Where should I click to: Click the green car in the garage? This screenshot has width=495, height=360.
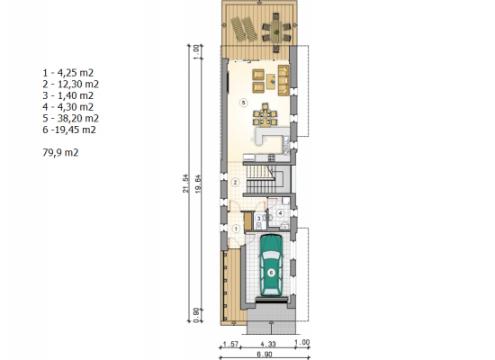[271, 265]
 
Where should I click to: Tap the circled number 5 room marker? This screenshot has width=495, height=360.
[243, 103]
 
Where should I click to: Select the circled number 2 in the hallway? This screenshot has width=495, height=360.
[235, 182]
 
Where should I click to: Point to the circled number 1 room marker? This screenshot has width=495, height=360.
[236, 229]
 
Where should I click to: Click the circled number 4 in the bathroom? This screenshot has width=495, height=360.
[280, 213]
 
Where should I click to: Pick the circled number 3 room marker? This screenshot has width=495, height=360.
[259, 218]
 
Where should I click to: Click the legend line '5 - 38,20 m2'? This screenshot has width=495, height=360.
[71, 118]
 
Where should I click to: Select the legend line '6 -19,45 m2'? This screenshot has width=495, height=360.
[69, 130]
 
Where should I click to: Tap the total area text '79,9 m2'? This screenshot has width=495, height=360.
[60, 152]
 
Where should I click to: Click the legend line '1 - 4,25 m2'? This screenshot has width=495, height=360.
[68, 73]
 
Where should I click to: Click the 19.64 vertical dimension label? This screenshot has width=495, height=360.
[198, 184]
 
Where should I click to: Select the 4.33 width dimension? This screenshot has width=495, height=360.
[267, 344]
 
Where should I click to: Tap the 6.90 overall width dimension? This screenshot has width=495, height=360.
[265, 355]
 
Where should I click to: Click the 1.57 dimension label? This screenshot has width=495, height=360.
[230, 344]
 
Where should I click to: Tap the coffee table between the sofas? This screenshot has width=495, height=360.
[271, 82]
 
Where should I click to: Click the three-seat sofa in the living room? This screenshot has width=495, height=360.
[283, 80]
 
